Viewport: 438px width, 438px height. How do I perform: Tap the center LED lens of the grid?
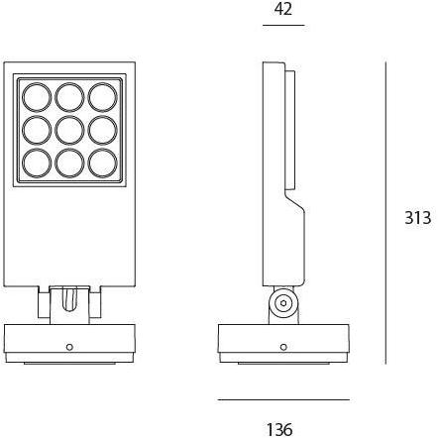68,129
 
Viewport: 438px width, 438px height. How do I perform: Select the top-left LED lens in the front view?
37,97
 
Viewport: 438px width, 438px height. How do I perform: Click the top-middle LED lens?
68,97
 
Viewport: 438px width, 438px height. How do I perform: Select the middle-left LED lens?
37,129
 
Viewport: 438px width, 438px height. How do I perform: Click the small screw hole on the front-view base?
68,347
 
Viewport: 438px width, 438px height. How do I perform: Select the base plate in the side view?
283,340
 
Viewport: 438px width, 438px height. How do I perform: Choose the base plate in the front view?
68,340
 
